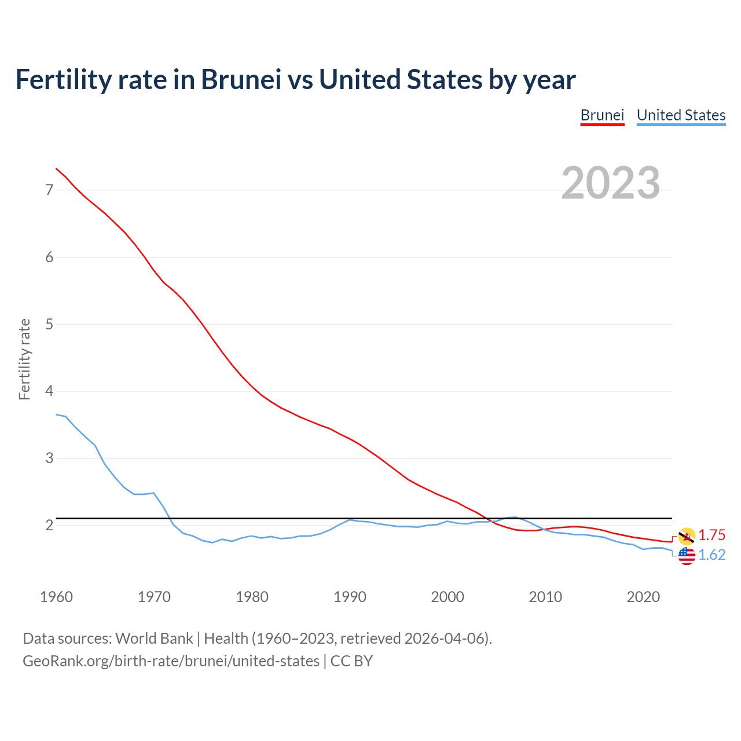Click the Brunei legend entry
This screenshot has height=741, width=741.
point(602,115)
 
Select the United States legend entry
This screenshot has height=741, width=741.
point(681,115)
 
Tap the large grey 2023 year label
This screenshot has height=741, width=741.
point(611,183)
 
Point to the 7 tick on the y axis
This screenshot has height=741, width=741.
point(49,190)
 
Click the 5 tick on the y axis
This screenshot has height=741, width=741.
point(49,324)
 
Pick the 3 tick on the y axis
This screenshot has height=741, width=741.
point(49,458)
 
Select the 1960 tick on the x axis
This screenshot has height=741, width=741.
point(56,597)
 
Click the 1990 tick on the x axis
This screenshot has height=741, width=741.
point(350,597)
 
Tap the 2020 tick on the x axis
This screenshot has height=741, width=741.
point(643,597)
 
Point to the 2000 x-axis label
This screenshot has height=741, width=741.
point(447,597)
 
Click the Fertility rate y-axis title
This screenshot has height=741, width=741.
point(24,359)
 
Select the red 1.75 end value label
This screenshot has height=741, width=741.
point(711,535)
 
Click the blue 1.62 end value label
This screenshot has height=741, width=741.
point(711,555)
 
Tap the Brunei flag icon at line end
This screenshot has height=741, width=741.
point(687,536)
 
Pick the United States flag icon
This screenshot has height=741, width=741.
point(687,556)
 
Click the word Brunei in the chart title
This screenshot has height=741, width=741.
point(240,80)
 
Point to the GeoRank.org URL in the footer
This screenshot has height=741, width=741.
point(171,661)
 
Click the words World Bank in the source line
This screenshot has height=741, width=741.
point(154,639)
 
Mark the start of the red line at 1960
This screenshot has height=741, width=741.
point(56,168)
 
